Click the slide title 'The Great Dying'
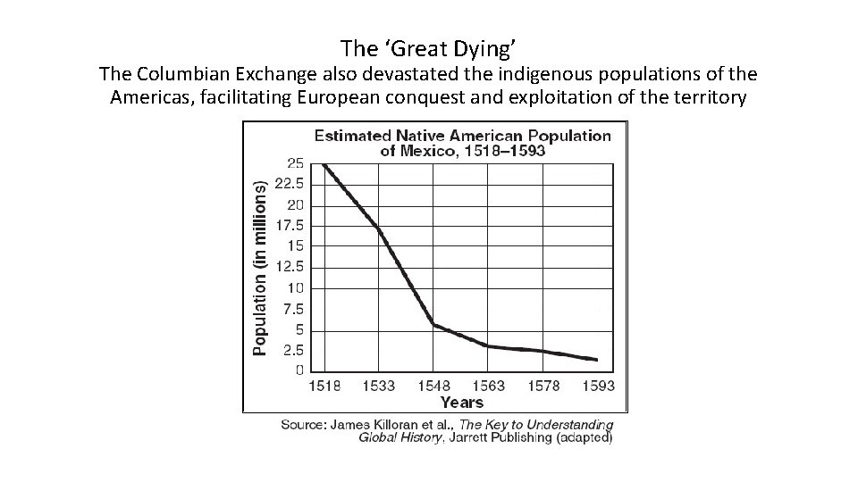coord(429,47)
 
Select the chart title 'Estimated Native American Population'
coord(462,136)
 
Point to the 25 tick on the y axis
coord(293,163)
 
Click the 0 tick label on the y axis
coord(299,370)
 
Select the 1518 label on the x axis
coord(324,386)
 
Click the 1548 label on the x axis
coord(433,386)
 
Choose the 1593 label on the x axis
coord(597,386)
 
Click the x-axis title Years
coord(461,403)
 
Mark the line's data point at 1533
coord(379,230)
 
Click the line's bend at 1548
coord(433,324)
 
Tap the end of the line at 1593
coord(596,360)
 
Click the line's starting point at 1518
coord(324,164)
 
